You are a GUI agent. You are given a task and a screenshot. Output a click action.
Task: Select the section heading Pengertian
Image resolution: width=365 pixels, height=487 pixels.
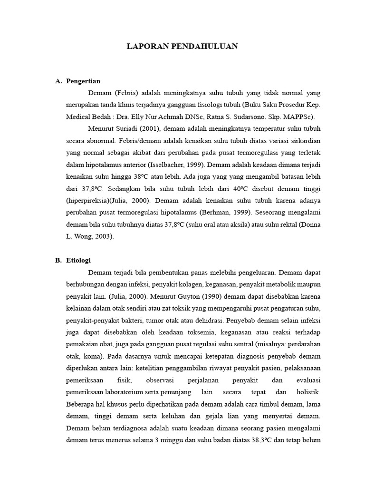click(x=84, y=81)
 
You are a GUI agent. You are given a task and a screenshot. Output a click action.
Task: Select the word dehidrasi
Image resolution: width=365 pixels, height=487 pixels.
click(x=218, y=320)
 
